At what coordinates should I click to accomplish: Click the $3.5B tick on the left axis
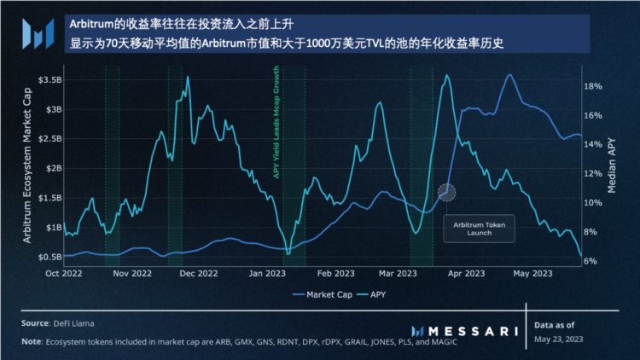tap(48, 79)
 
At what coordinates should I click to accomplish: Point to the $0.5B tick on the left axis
tap(48, 256)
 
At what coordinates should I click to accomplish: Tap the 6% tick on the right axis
tap(591, 261)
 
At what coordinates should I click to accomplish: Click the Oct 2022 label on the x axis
tap(64, 274)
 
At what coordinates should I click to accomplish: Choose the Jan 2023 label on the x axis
tap(268, 274)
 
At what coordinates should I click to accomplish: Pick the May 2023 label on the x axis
tap(532, 274)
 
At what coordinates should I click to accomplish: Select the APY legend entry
tap(376, 296)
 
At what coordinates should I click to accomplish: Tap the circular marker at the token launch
tap(447, 193)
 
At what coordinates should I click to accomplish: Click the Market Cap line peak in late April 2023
tap(509, 75)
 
